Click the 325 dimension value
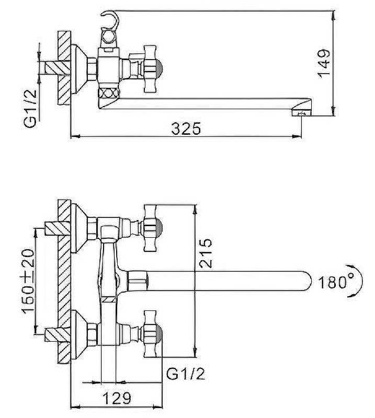[186, 129]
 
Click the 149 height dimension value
[324, 63]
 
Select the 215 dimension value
[206, 253]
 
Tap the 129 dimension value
[117, 399]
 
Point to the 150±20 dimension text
[28, 282]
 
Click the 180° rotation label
[335, 282]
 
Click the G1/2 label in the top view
[30, 109]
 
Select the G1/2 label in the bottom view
[186, 374]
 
